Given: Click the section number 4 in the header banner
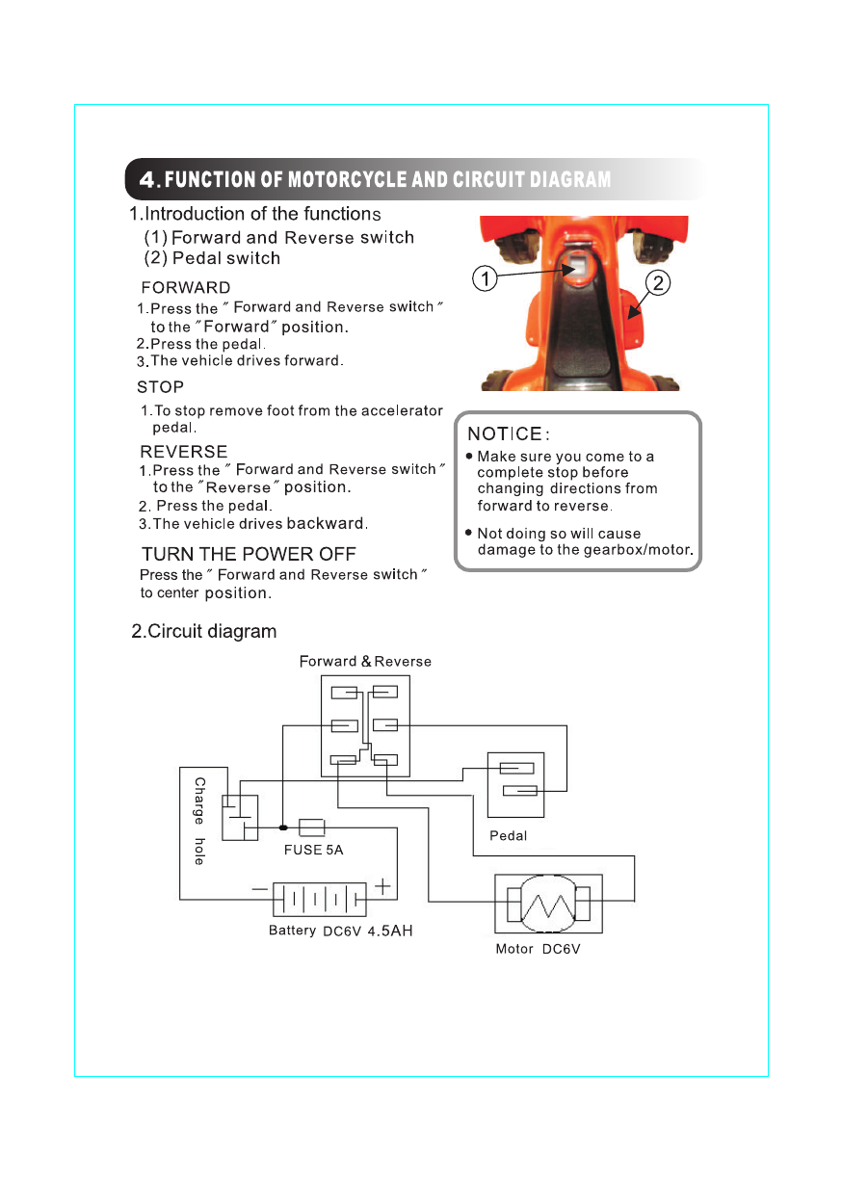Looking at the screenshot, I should (x=147, y=179).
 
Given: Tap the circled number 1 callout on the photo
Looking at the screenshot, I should (x=487, y=279).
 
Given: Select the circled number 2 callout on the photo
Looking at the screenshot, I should (x=658, y=283).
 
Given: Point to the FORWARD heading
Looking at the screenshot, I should (x=186, y=287).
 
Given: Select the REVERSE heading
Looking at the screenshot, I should (x=184, y=451).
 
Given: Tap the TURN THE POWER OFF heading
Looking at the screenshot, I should (x=249, y=554).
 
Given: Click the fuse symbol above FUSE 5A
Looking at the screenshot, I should (x=311, y=827).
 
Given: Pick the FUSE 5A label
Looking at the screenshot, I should (x=313, y=851).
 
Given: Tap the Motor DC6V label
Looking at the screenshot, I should (x=538, y=950).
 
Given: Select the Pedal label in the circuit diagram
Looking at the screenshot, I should (x=509, y=835).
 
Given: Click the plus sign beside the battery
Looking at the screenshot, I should (x=382, y=884).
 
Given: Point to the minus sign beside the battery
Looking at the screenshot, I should (x=260, y=888).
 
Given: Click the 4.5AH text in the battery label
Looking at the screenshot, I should (x=390, y=932).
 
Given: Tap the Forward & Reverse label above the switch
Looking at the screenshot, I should (x=365, y=662).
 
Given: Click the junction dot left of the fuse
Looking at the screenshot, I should (x=282, y=827).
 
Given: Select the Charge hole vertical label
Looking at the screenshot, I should (x=199, y=821).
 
